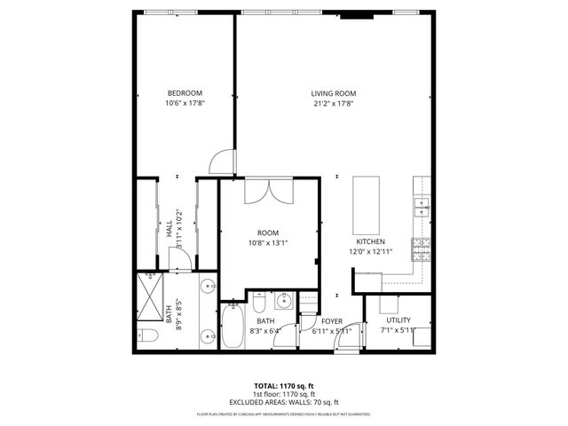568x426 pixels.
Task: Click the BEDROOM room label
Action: [185, 93]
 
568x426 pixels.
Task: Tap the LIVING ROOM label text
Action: [333, 93]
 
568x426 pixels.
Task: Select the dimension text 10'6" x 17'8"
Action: [185, 104]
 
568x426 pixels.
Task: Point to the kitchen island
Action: [367, 203]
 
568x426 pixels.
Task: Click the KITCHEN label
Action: [369, 241]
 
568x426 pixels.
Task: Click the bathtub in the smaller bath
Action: [233, 327]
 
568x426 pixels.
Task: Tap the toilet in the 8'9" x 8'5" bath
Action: [148, 335]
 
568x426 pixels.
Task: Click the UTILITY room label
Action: [397, 319]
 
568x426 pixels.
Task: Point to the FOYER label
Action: [332, 320]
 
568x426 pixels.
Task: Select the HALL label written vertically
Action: [169, 229]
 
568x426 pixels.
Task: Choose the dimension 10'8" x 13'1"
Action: [268, 242]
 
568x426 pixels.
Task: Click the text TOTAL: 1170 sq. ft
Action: [284, 386]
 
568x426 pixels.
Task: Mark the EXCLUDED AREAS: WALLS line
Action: [284, 401]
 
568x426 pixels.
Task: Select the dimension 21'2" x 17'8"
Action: [333, 104]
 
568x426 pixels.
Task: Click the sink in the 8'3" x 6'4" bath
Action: [281, 300]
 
